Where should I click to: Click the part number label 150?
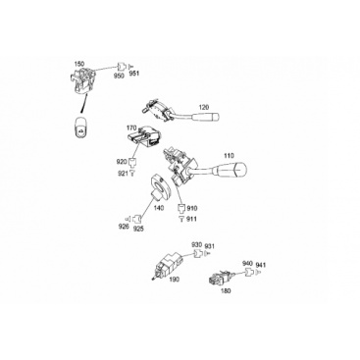click(x=79, y=64)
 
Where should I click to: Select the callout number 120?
click(x=204, y=107)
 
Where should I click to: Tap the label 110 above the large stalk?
click(x=229, y=155)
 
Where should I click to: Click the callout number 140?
click(x=159, y=208)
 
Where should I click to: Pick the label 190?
click(x=175, y=280)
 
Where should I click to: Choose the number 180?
click(x=226, y=290)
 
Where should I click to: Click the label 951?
click(x=134, y=74)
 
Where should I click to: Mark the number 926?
click(x=124, y=226)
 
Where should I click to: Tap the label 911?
click(x=191, y=219)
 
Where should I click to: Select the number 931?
click(x=210, y=246)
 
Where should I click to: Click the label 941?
click(x=261, y=265)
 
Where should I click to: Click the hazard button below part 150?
click(x=80, y=127)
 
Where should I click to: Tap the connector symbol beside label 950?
click(x=122, y=67)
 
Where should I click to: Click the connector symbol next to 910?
click(x=181, y=208)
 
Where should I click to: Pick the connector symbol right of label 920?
click(x=131, y=162)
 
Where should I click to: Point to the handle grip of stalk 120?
click(x=206, y=117)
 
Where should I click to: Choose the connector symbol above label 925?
click(x=138, y=218)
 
